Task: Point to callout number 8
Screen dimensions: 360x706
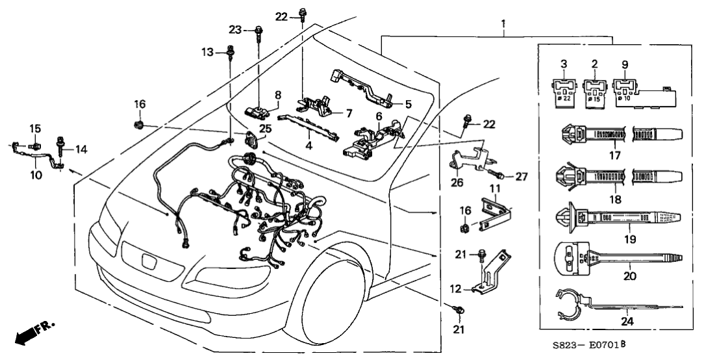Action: tap(277, 95)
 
